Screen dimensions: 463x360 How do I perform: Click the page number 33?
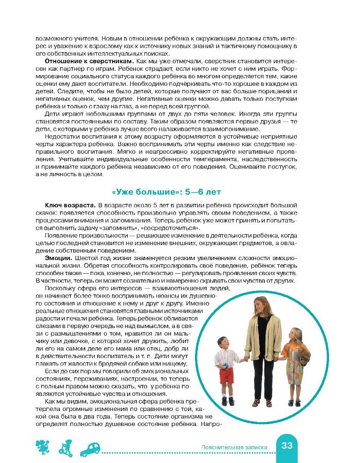point(287,446)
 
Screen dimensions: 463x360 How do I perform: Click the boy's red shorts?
point(226,375)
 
